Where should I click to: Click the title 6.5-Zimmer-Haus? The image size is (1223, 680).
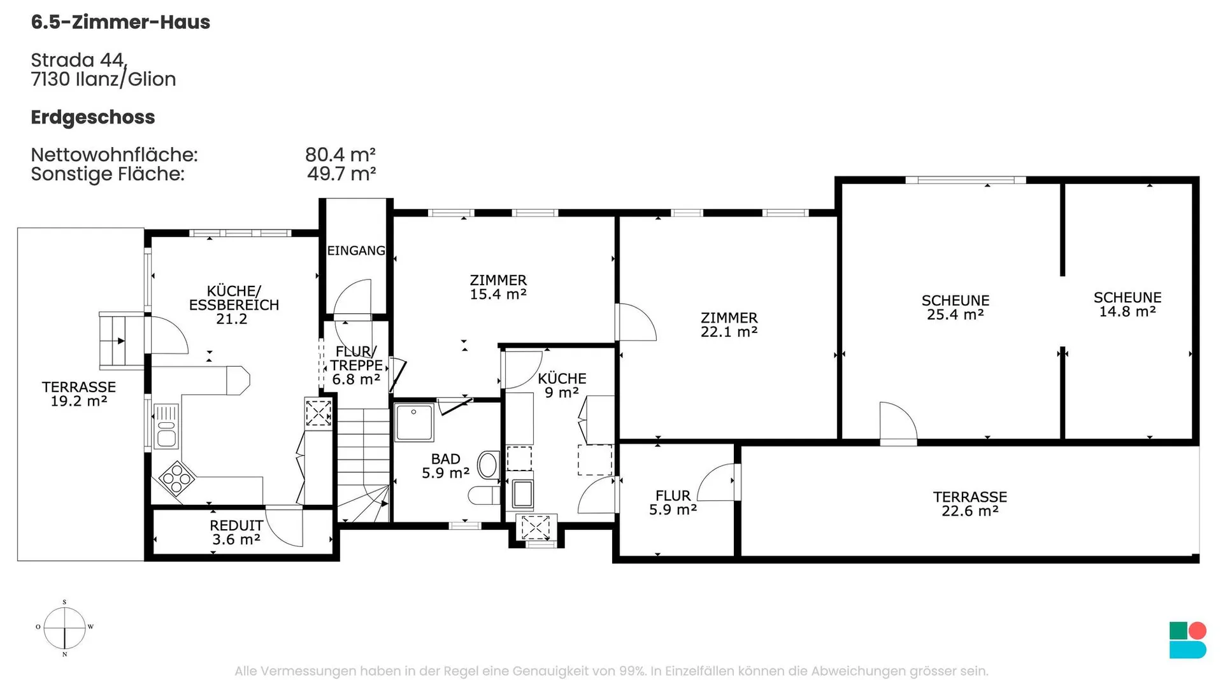120,22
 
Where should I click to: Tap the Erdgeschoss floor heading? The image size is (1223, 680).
93,118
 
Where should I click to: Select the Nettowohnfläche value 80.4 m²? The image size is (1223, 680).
340,155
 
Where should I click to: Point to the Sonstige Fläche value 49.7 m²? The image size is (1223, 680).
341,174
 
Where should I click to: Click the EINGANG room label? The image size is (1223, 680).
356,251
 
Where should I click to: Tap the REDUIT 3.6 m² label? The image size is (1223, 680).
236,532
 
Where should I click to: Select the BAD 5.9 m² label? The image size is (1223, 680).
446,466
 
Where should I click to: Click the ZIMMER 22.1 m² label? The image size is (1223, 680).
729,325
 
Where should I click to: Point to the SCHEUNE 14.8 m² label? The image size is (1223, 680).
1127,304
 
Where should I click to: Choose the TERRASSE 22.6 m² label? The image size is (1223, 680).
970,504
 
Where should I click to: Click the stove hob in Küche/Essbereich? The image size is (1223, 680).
177,478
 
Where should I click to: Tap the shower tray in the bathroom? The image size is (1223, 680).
414,422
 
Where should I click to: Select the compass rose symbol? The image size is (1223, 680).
64,628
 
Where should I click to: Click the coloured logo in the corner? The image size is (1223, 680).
1188,640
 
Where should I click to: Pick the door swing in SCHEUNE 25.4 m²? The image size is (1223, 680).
898,422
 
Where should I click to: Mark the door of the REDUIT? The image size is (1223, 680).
284,527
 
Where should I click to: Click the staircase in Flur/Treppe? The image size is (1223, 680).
363,465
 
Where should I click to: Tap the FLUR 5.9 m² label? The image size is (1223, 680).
673,502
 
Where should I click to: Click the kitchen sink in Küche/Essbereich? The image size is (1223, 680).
166,427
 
